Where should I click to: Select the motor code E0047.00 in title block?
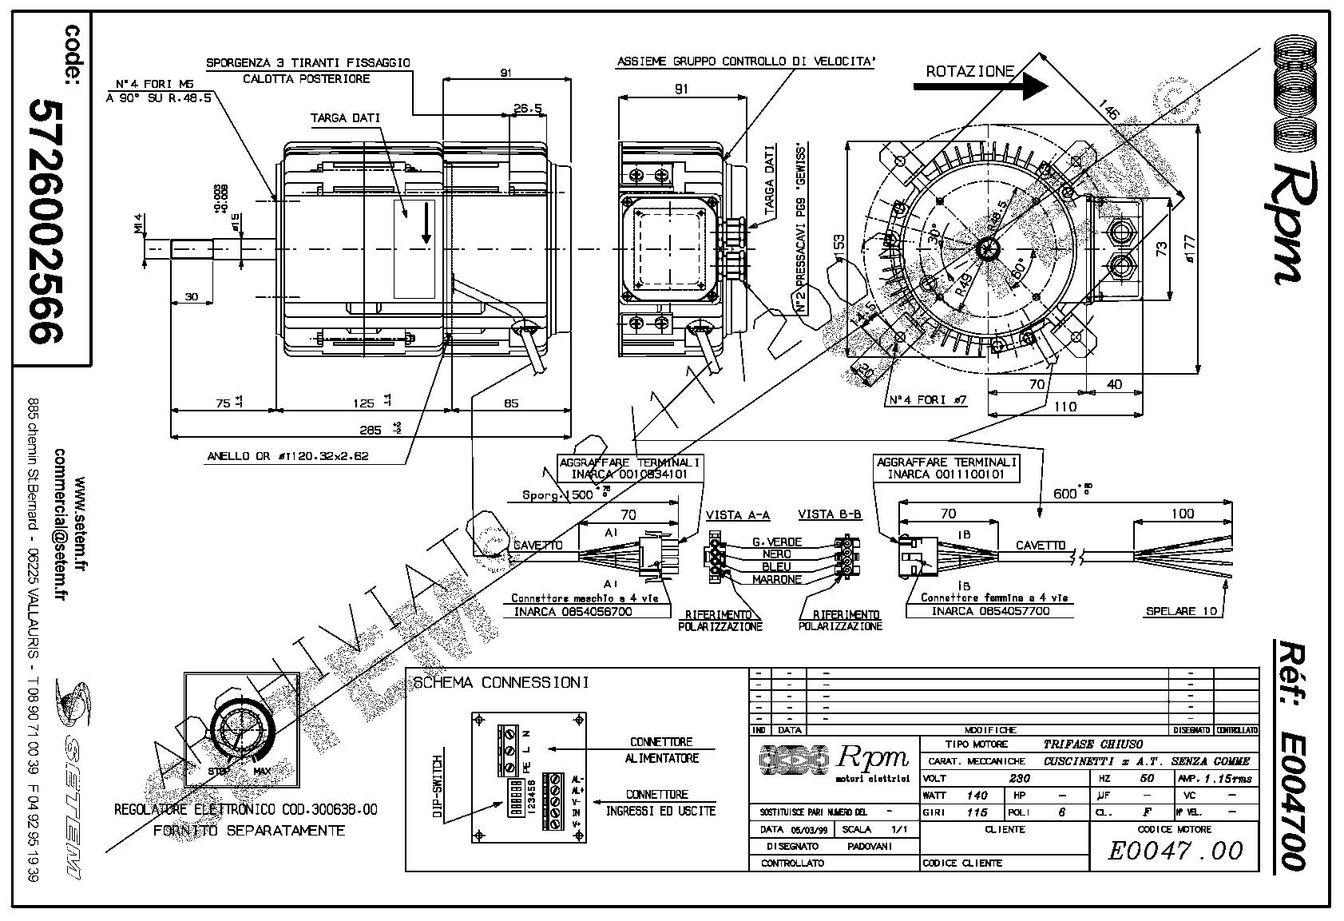(x=1176, y=851)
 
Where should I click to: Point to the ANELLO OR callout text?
(x=287, y=457)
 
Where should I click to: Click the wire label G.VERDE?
(x=776, y=542)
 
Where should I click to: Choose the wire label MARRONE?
(x=776, y=579)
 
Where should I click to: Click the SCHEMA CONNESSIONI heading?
(x=501, y=683)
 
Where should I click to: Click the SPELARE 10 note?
(x=1181, y=611)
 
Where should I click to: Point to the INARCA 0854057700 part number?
(x=989, y=611)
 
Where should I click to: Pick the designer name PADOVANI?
(x=869, y=846)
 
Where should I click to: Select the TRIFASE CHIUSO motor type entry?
(x=1092, y=744)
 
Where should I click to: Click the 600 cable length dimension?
(x=1066, y=494)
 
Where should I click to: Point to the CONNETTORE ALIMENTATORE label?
(x=661, y=750)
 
